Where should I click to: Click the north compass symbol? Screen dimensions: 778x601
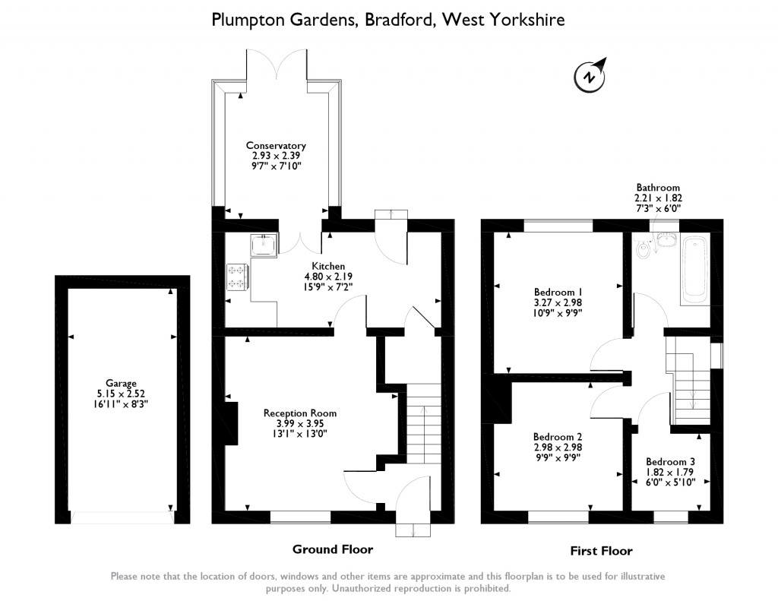click(590, 76)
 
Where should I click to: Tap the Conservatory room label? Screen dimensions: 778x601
click(276, 145)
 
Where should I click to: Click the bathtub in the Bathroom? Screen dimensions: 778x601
click(695, 270)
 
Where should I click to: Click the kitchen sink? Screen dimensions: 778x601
click(264, 245)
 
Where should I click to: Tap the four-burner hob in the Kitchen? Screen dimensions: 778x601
click(237, 277)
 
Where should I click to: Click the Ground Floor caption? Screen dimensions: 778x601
click(333, 549)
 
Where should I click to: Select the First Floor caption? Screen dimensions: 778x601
click(601, 551)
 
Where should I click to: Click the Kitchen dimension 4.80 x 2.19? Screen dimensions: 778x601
click(324, 277)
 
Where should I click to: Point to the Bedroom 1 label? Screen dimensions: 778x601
click(558, 292)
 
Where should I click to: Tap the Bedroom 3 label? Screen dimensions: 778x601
click(670, 461)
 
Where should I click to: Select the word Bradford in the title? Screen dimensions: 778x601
click(400, 20)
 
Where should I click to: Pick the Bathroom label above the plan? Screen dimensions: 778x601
click(658, 187)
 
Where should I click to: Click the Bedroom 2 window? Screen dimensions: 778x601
click(558, 517)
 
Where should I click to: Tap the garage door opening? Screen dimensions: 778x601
click(122, 517)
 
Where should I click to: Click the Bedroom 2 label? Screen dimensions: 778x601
click(558, 437)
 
